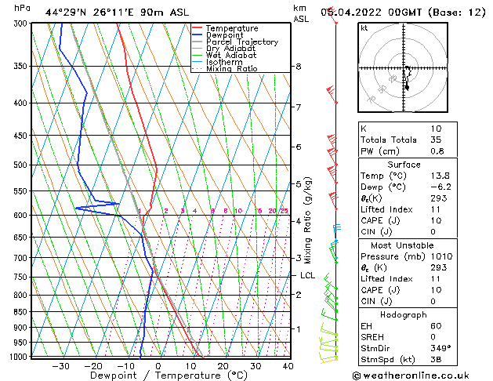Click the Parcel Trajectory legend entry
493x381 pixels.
click(x=241, y=42)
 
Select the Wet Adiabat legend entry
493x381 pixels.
click(x=232, y=55)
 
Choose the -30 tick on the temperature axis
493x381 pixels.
click(x=60, y=365)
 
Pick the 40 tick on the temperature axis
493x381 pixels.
click(x=288, y=365)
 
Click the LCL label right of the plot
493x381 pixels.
click(x=307, y=276)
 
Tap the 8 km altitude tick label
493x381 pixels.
click(x=298, y=67)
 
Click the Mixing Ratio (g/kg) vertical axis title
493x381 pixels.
click(x=309, y=220)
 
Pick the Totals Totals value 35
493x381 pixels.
click(x=437, y=140)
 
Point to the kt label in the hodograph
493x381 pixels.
click(x=364, y=27)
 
